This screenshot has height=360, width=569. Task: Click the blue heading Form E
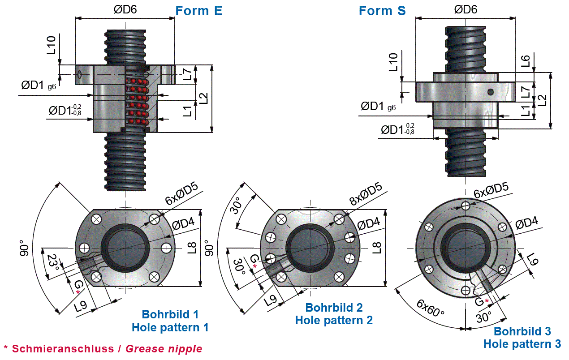pyautogui.click(x=198, y=11)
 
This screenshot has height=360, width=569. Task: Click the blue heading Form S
pyautogui.click(x=382, y=11)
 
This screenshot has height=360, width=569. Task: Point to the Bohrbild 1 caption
pyautogui.click(x=170, y=314)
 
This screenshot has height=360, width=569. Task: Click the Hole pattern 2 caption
pyautogui.click(x=334, y=320)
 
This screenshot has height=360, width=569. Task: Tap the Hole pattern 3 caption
pyautogui.click(x=522, y=344)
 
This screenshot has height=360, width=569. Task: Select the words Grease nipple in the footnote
pyautogui.click(x=164, y=348)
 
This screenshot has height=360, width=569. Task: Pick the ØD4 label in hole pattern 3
pyautogui.click(x=526, y=224)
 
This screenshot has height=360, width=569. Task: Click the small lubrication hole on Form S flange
pyautogui.click(x=491, y=92)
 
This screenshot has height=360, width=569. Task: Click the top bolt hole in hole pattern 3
pyautogui.click(x=466, y=206)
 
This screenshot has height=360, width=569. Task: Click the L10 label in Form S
pyautogui.click(x=394, y=63)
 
